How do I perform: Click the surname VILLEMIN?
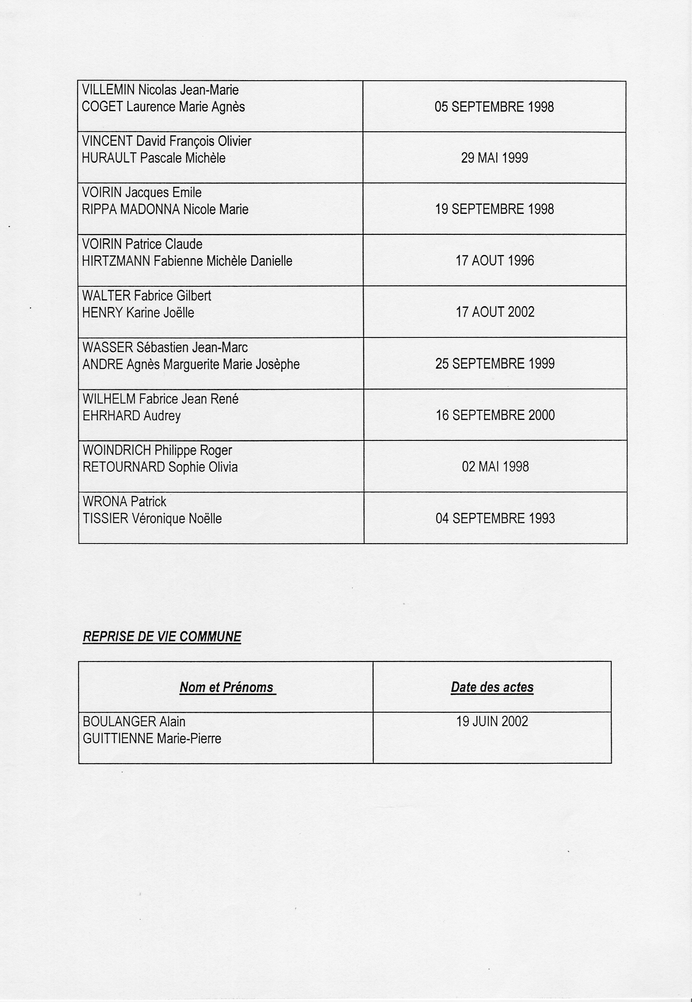coord(108,90)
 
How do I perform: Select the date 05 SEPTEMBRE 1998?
coord(494,107)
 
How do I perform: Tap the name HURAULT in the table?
coord(109,158)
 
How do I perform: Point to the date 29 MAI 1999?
coord(494,158)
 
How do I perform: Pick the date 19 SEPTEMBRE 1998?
coord(494,210)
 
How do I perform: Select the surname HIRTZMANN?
coord(116,261)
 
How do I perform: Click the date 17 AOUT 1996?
coord(495,261)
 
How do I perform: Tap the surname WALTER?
coord(106,296)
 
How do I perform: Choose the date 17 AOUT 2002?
coord(495,312)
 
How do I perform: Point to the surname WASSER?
coord(107,348)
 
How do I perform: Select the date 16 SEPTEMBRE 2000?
coord(495,415)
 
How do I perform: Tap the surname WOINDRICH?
coord(117,451)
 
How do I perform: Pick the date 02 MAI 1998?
coord(495,467)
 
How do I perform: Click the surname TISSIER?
coord(105,519)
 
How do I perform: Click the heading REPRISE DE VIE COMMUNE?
coord(162,637)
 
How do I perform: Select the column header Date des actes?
coord(492,687)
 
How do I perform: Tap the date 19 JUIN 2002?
coord(492,722)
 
